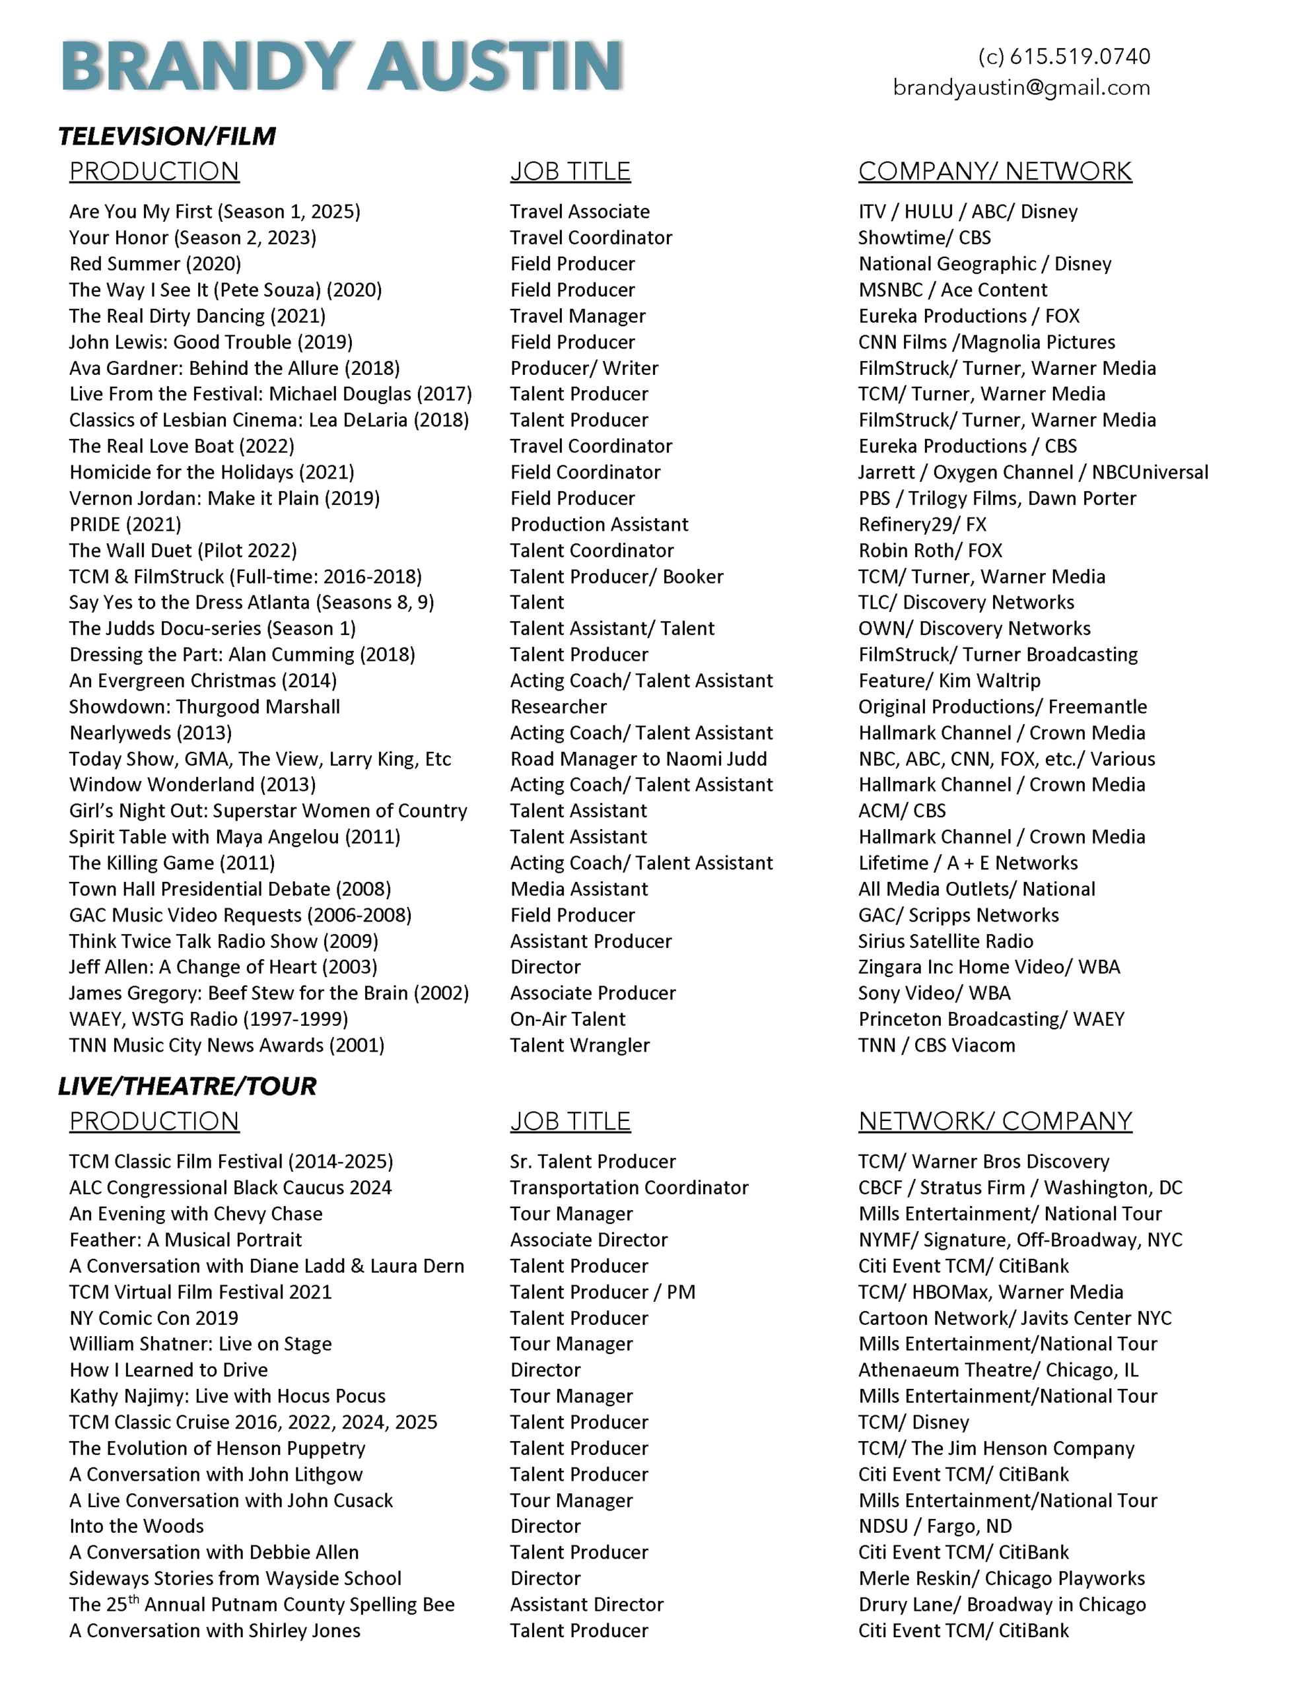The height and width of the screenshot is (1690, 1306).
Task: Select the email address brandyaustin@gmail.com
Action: point(1021,87)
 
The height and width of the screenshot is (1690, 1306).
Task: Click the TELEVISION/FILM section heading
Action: point(166,136)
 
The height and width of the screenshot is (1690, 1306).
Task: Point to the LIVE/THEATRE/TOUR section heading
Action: point(187,1086)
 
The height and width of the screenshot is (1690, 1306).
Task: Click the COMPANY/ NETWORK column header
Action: point(995,171)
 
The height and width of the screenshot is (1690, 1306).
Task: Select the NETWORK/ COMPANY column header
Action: point(995,1120)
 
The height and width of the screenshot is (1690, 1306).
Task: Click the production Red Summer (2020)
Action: point(155,264)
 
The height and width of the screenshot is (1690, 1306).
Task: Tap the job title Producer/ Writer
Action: point(584,368)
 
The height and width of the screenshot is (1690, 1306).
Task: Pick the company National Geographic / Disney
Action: point(984,264)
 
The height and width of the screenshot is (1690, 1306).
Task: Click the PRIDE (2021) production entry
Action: point(125,525)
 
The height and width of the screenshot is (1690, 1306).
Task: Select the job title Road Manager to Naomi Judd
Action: point(638,759)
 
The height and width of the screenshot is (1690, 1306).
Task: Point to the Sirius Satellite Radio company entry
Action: point(945,941)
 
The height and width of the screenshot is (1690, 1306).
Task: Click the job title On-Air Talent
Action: point(567,1019)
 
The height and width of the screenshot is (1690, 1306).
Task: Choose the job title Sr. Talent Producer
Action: point(592,1161)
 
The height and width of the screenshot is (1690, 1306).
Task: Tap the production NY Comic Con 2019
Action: point(153,1318)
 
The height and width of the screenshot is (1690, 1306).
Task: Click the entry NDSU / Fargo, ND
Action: point(934,1526)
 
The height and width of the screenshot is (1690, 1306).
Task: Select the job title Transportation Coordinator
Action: point(629,1188)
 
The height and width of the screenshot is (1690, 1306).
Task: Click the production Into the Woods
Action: point(136,1526)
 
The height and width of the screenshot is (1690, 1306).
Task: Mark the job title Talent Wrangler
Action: point(580,1046)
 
